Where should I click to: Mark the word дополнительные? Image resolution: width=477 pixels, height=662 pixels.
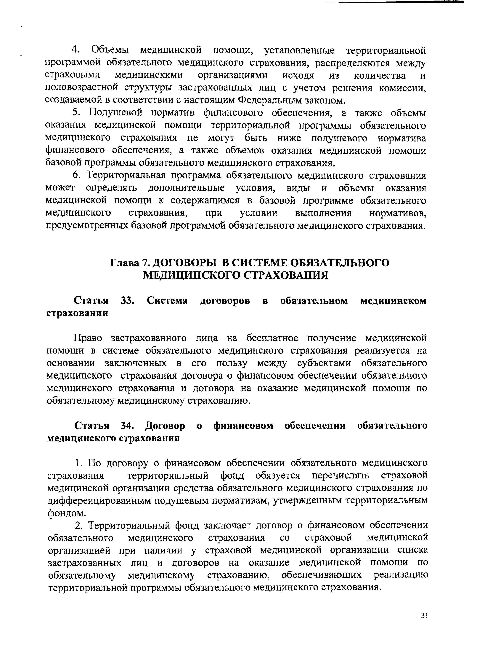187,188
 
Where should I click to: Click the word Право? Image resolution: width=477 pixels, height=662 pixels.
88,338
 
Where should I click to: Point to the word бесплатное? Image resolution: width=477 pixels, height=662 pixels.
271,338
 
